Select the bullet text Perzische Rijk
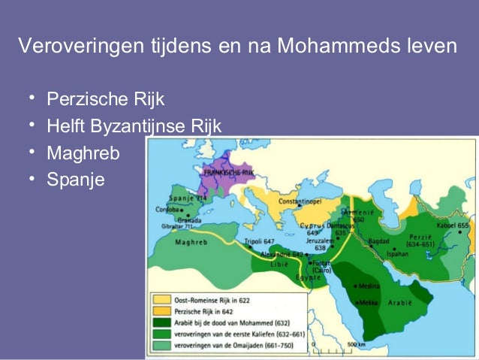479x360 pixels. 105,99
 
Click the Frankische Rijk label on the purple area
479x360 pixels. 230,173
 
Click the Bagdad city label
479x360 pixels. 378,241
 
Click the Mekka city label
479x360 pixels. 367,303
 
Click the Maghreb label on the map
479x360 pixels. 191,243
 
